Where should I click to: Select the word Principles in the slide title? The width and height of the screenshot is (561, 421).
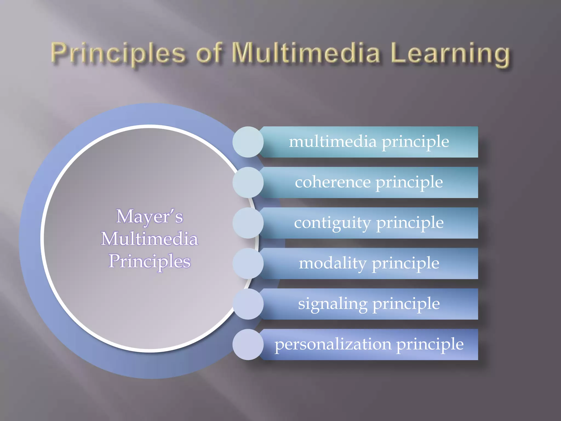(x=118, y=53)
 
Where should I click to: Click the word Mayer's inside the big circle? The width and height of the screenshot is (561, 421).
(x=150, y=217)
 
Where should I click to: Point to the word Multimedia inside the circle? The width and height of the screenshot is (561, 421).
(x=150, y=239)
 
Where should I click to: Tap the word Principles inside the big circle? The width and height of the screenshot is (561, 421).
(x=150, y=261)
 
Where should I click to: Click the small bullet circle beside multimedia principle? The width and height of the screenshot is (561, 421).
(x=248, y=142)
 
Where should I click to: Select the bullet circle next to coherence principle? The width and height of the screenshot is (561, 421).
(x=248, y=183)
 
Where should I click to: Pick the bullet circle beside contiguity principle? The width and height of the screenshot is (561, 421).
(x=248, y=223)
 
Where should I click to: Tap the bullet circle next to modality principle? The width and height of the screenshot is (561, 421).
(x=248, y=263)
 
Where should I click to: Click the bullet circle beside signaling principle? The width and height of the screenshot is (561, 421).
(x=248, y=304)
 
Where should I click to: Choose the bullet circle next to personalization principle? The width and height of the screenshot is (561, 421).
(x=248, y=345)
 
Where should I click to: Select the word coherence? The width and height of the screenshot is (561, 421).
(x=333, y=182)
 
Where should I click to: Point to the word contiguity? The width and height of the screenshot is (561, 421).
(x=332, y=223)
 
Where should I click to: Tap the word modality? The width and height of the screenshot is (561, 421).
(x=332, y=263)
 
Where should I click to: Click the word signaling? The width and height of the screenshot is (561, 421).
(x=333, y=304)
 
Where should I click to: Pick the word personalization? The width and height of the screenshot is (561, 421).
(x=333, y=344)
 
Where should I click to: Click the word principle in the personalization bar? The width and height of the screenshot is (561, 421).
(x=430, y=345)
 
